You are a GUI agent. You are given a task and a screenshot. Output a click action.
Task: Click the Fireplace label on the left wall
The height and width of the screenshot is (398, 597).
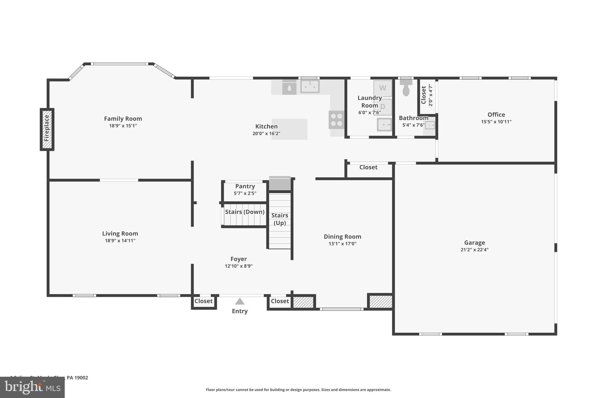pyautogui.click(x=47, y=128)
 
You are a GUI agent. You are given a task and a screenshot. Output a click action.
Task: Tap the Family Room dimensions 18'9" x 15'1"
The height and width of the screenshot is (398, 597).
pyautogui.click(x=123, y=126)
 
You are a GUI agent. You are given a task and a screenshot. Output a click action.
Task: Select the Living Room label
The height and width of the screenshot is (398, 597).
pyautogui.click(x=120, y=234)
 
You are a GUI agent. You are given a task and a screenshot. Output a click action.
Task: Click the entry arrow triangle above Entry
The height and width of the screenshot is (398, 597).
pyautogui.click(x=240, y=301)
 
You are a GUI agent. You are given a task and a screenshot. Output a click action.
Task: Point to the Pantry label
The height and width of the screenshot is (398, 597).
pyautogui.click(x=245, y=186)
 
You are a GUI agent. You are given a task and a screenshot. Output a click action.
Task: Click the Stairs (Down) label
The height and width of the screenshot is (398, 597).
pyautogui.click(x=245, y=212)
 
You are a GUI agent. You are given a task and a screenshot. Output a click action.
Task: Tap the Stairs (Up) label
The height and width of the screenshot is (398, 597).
pyautogui.click(x=280, y=219)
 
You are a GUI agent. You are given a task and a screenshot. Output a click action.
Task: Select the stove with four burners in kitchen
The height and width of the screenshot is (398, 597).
pyautogui.click(x=336, y=120)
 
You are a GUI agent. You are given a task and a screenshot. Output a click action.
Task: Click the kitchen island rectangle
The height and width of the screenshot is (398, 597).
pyautogui.click(x=289, y=129)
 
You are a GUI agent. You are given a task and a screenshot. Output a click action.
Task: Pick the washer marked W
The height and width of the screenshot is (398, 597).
pyautogui.click(x=382, y=88)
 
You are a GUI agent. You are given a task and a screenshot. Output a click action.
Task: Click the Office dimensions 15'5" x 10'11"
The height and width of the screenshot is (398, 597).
pyautogui.click(x=496, y=122)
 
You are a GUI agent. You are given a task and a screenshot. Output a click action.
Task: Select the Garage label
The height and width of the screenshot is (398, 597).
pyautogui.click(x=474, y=243)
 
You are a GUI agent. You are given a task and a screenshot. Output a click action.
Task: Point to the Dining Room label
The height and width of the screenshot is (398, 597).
pyautogui.click(x=342, y=237)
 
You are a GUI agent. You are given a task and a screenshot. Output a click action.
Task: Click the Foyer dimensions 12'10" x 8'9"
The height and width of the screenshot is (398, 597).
pyautogui.click(x=238, y=266)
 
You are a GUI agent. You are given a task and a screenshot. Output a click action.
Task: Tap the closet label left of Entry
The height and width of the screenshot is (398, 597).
pyautogui.click(x=203, y=301)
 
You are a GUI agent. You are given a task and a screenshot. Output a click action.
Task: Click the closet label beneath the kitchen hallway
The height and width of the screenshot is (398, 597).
pyautogui.click(x=368, y=167)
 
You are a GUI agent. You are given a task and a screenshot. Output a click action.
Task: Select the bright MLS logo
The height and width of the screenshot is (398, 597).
pyautogui.click(x=32, y=387)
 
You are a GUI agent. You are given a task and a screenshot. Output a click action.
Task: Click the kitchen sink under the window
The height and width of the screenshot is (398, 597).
pyautogui.click(x=310, y=86)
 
